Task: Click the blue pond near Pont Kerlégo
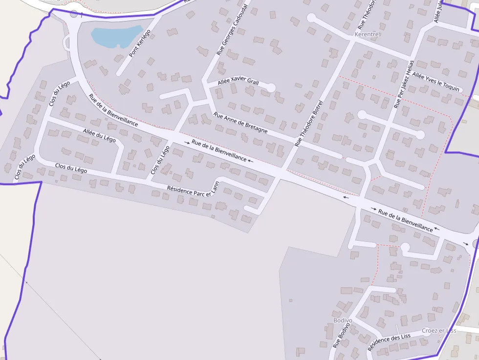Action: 116,36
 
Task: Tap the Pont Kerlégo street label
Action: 140,43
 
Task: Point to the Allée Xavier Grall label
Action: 238,82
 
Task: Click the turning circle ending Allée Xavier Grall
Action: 270,88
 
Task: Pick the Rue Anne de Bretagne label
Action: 240,123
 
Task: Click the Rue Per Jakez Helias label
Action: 404,84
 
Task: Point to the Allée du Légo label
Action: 99,135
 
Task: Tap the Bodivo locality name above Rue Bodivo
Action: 342,320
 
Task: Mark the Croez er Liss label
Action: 438,331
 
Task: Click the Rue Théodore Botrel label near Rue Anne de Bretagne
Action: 309,124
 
